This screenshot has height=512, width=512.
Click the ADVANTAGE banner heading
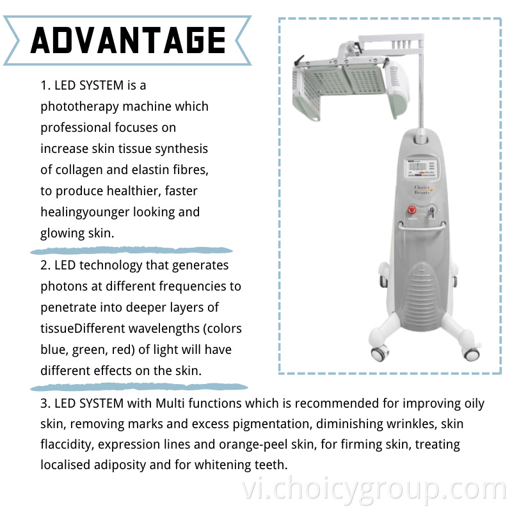coord(127,40)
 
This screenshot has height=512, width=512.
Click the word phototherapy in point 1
coord(79,107)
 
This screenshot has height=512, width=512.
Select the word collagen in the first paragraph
coord(79,170)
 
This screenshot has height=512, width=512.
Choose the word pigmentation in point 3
coord(271,424)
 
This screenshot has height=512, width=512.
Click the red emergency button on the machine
coord(412,210)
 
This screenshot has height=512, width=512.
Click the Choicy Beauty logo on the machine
coord(422,189)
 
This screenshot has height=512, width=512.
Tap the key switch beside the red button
coord(431,212)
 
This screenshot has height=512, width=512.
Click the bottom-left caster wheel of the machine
coord(379,353)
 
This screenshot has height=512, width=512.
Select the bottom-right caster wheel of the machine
coord(471,354)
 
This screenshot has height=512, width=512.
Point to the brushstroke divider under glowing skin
coord(131,250)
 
